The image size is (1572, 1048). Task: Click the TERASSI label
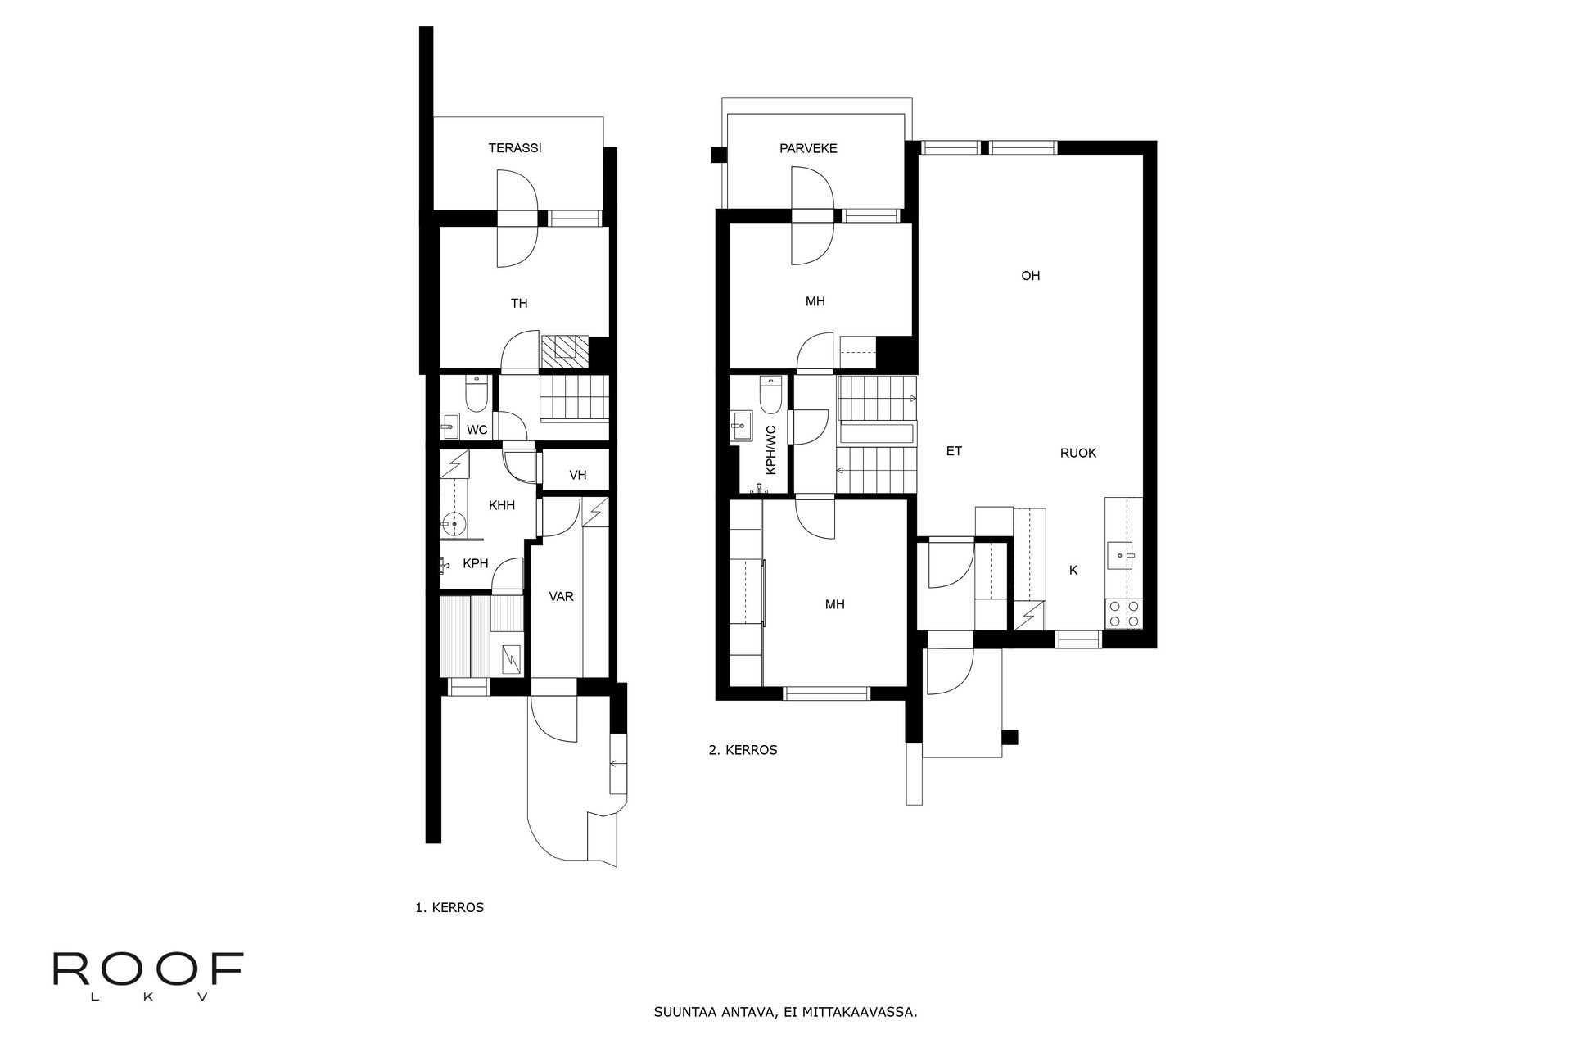point(515,148)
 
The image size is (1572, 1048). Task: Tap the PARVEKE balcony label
point(808,148)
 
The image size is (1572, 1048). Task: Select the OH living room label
point(1030,276)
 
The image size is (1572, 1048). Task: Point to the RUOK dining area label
point(1077,453)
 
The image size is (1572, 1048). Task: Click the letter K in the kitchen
point(1073,571)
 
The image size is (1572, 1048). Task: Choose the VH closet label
point(578,475)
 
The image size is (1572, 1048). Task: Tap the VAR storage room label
point(561,596)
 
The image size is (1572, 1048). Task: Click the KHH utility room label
point(502,505)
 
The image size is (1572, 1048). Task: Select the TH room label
point(519,303)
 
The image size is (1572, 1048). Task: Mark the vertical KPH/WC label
point(770,451)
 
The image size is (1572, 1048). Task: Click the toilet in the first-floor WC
point(476,395)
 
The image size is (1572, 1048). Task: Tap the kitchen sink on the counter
point(1120,555)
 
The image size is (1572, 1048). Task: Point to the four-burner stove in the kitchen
point(1123,613)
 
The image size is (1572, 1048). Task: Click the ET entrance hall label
point(954,451)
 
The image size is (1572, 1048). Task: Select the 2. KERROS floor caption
point(743,749)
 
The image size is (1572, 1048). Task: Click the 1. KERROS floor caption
point(449,907)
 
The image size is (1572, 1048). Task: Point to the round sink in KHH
point(453,522)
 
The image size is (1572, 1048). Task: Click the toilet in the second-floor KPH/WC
point(770,395)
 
